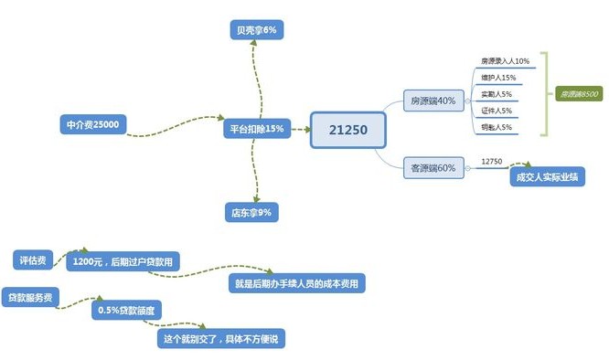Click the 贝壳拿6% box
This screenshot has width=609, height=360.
(254, 31)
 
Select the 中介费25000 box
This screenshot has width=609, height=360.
(91, 124)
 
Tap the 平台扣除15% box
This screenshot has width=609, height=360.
(255, 130)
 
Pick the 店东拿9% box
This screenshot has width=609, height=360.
(251, 213)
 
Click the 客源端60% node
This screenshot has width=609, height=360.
(434, 168)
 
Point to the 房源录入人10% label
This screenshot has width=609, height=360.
(505, 61)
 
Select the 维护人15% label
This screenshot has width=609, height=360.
(498, 78)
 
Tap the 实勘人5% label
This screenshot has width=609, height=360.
(497, 94)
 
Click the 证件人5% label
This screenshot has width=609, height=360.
(497, 111)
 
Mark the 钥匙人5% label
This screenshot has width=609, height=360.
(497, 127)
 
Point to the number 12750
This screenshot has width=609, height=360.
(492, 162)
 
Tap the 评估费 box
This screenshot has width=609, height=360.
(37, 259)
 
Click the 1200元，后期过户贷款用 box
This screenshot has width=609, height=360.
(123, 262)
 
